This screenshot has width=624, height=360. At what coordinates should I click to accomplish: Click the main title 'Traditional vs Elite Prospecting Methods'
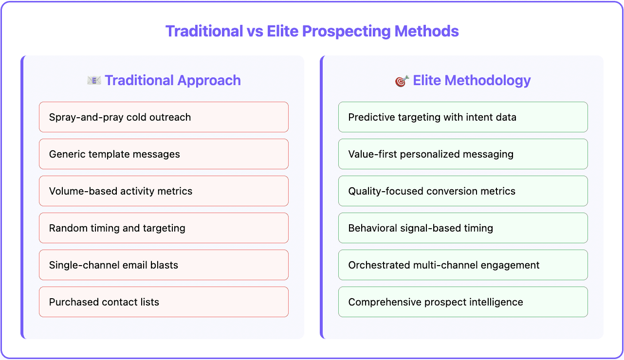pyautogui.click(x=312, y=31)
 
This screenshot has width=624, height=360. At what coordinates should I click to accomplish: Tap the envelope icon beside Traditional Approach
pyautogui.click(x=94, y=81)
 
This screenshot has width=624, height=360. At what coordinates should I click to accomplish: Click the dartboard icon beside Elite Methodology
pyautogui.click(x=402, y=81)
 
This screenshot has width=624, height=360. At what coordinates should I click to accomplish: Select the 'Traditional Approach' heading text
pyautogui.click(x=173, y=80)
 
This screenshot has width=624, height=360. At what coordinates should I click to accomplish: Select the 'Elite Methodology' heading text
pyautogui.click(x=472, y=80)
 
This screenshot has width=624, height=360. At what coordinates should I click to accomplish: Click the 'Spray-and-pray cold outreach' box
pyautogui.click(x=164, y=117)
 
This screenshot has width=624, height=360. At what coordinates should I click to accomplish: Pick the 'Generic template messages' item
pyautogui.click(x=164, y=154)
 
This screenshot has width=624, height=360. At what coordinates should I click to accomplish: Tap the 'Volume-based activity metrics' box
pyautogui.click(x=164, y=191)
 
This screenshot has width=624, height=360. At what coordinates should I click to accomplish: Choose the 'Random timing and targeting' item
pyautogui.click(x=164, y=228)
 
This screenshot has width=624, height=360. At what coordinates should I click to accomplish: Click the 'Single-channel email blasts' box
pyautogui.click(x=164, y=265)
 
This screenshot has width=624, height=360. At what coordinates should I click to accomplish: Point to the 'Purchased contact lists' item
pyautogui.click(x=164, y=302)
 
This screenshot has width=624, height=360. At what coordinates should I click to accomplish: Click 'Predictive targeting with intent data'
pyautogui.click(x=463, y=117)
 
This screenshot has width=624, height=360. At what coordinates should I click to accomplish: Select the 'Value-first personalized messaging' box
pyautogui.click(x=463, y=154)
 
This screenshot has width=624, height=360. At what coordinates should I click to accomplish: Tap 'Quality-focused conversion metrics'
pyautogui.click(x=463, y=191)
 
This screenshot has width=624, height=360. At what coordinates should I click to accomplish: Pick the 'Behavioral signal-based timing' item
pyautogui.click(x=463, y=228)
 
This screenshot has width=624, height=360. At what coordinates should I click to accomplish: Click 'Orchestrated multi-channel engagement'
pyautogui.click(x=463, y=265)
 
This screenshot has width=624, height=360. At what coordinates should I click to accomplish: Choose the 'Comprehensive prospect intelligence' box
pyautogui.click(x=463, y=302)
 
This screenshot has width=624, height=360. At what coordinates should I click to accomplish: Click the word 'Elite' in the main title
pyautogui.click(x=283, y=31)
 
